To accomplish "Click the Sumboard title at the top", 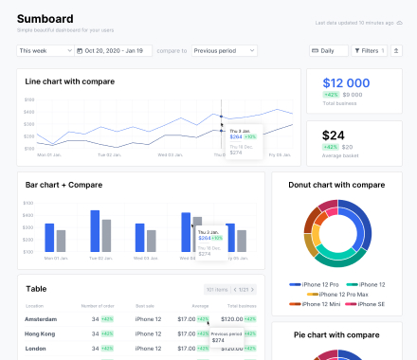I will [x=45, y=18].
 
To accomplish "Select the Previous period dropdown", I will [x=224, y=50].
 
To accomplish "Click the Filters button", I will [x=368, y=50].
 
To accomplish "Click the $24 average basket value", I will [x=334, y=135].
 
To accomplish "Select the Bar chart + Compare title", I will [x=63, y=185].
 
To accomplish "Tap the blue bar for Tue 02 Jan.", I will [x=95, y=230].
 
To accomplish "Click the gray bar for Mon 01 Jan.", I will [x=62, y=240].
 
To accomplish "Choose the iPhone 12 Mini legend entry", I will [x=320, y=304].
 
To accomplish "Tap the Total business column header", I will [x=241, y=306].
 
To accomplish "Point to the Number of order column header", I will [x=98, y=306].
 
